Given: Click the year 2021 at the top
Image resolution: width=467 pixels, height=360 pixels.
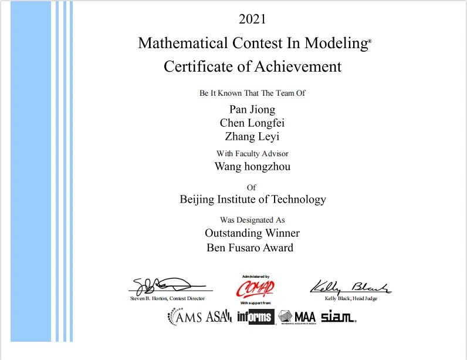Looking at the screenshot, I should (x=252, y=19).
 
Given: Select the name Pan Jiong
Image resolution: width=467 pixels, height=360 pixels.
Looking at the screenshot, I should (x=252, y=109).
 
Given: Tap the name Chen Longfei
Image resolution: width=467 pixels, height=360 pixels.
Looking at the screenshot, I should (x=252, y=123).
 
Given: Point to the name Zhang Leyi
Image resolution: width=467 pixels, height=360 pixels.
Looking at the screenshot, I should (x=252, y=137).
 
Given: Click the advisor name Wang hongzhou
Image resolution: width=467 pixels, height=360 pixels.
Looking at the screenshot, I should (x=252, y=166).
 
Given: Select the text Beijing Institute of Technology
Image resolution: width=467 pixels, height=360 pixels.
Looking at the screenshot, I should (x=252, y=200).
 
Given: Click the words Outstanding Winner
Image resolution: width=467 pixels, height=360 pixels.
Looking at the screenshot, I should (x=252, y=233).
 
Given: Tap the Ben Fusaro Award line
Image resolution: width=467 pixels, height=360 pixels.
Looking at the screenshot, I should (x=250, y=247).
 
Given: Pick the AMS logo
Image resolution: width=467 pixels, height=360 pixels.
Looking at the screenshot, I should (x=185, y=317).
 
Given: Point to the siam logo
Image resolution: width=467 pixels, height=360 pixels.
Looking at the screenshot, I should (x=339, y=317).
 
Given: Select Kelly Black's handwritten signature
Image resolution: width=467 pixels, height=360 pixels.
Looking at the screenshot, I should (x=350, y=287).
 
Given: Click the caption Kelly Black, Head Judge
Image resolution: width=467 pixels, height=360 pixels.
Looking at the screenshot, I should (x=351, y=299).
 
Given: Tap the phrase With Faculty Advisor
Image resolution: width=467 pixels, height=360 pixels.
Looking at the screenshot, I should (x=252, y=154).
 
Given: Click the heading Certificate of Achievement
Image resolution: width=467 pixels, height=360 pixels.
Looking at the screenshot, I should (x=252, y=66).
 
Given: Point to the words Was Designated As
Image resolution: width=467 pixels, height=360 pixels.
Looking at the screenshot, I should (x=252, y=220).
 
